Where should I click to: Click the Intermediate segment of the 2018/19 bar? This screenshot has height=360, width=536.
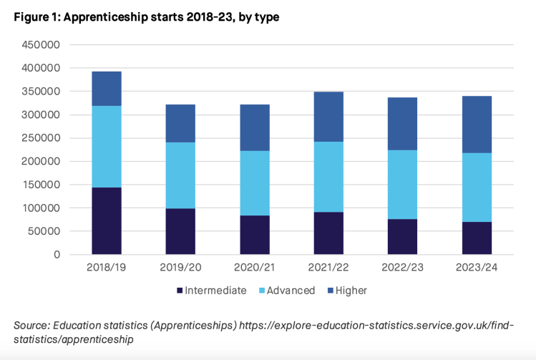click(107, 220)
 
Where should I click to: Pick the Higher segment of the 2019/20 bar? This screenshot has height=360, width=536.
click(180, 123)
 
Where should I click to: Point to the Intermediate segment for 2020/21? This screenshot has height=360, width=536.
click(254, 235)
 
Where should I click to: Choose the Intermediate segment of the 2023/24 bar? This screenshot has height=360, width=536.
click(477, 238)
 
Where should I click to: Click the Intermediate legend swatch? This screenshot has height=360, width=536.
click(179, 291)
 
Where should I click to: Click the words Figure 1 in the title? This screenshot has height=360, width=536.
click(36, 17)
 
